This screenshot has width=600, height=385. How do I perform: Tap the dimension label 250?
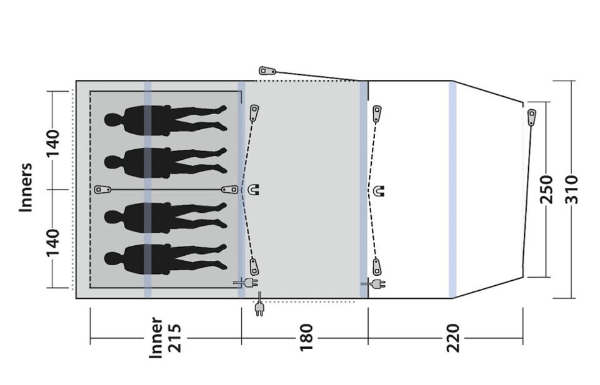point(547,190)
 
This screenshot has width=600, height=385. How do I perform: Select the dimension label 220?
point(452,338)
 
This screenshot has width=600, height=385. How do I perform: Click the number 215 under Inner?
point(174,338)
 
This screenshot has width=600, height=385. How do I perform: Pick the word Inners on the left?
point(26,188)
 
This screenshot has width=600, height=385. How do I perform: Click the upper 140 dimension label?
point(52,144)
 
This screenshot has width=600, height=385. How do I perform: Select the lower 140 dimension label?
point(52,243)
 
